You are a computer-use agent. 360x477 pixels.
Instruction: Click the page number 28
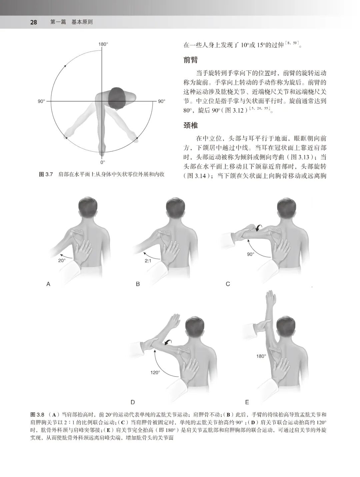pyautogui.click(x=33, y=22)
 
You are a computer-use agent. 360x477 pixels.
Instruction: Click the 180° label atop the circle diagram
pyautogui.click(x=103, y=44)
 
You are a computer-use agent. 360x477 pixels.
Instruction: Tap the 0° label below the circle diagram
pyautogui.click(x=103, y=162)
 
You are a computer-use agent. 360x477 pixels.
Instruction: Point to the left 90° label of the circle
pyautogui.click(x=41, y=101)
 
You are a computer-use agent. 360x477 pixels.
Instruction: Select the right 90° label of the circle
pyautogui.click(x=161, y=101)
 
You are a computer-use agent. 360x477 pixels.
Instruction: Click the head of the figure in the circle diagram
pyautogui.click(x=117, y=98)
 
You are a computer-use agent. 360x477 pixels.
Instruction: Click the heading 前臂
pyautogui.click(x=191, y=60)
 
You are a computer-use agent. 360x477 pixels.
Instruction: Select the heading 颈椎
pyautogui.click(x=191, y=125)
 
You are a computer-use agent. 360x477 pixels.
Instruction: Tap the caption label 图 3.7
pyautogui.click(x=46, y=174)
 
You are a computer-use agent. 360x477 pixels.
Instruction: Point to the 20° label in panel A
pyautogui.click(x=62, y=261)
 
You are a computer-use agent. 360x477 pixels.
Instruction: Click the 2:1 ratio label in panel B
pyautogui.click(x=148, y=261)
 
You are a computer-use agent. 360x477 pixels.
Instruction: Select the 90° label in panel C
pyautogui.click(x=251, y=254)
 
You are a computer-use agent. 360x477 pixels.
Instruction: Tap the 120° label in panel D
pyautogui.click(x=155, y=372)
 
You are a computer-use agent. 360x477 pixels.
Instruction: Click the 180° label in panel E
pyautogui.click(x=261, y=356)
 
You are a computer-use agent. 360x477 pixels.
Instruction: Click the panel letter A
pyautogui.click(x=48, y=284)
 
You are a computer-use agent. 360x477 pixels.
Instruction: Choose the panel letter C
pyautogui.click(x=228, y=284)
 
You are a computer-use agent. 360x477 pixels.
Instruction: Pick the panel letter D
pyautogui.click(x=133, y=402)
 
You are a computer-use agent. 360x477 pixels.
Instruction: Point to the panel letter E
pyautogui.click(x=247, y=402)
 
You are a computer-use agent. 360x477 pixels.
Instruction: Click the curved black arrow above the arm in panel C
pyautogui.click(x=258, y=228)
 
